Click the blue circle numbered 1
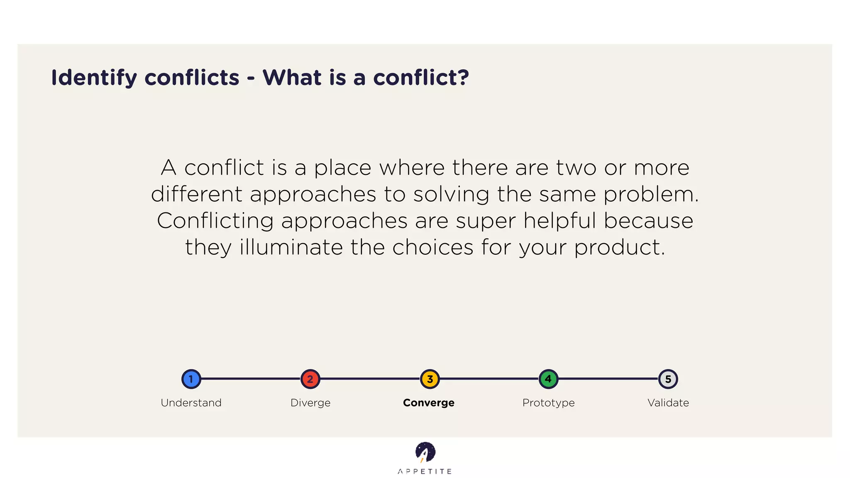click(191, 379)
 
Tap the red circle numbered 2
click(310, 379)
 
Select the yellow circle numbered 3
click(430, 379)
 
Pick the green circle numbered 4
click(548, 379)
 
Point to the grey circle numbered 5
click(668, 379)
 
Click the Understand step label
click(191, 402)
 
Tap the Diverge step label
click(310, 402)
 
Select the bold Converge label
click(429, 402)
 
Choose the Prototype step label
click(548, 402)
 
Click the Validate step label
click(668, 402)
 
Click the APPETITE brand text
click(425, 471)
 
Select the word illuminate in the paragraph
click(291, 247)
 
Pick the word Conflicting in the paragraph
click(215, 221)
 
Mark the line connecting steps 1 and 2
click(251, 379)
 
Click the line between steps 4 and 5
click(608, 379)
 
